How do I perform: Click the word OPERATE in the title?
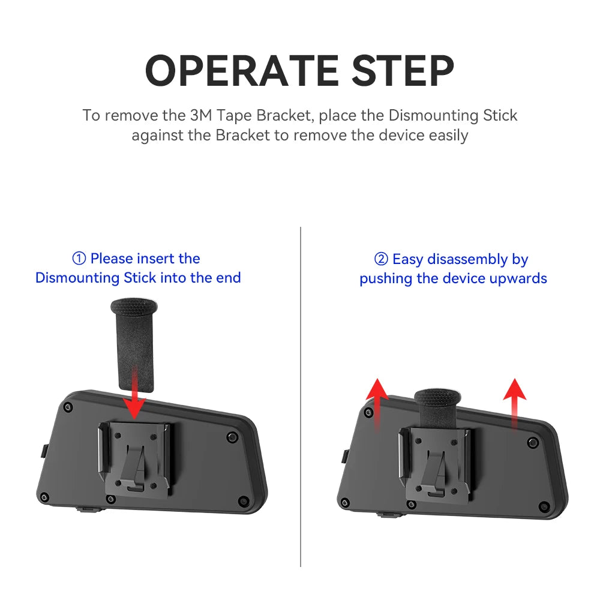pos(242,70)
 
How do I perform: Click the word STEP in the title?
pos(403,70)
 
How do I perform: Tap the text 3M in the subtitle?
pos(201,115)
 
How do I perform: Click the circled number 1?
pos(79,259)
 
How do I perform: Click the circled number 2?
pos(381,259)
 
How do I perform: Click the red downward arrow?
pos(134,392)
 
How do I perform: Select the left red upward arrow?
pos(377,405)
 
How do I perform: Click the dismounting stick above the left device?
pos(134,345)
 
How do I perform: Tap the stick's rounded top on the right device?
pos(438,397)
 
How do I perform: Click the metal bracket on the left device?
pos(134,458)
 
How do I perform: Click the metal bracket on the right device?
pos(435,464)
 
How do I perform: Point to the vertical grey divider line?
pos(301,397)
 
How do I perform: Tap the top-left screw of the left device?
pos(68,407)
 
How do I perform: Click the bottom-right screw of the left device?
pos(243,500)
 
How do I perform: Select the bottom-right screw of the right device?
pos(544,506)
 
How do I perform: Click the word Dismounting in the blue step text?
pos(77,278)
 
